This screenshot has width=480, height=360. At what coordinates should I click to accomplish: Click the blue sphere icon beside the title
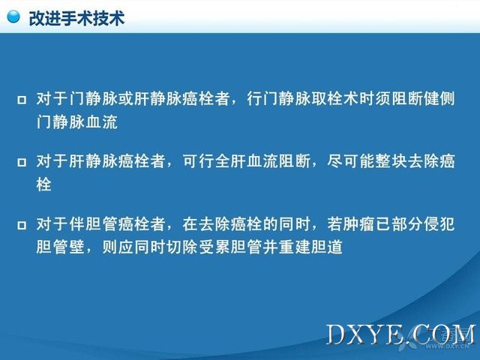13,16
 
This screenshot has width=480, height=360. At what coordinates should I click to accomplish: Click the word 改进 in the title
45,18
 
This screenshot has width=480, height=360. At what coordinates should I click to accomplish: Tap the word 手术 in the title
76,18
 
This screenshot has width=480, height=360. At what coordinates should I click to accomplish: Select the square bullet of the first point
22,100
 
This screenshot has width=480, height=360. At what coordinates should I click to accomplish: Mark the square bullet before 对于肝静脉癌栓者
22,162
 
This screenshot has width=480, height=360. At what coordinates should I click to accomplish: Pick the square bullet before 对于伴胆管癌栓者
22,225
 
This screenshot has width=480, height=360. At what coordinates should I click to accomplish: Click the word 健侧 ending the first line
439,98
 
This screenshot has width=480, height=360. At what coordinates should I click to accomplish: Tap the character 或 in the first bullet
125,98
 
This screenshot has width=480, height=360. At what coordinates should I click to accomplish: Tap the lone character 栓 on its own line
43,184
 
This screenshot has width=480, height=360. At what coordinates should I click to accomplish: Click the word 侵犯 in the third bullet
439,224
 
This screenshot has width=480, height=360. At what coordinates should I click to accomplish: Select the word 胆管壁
60,247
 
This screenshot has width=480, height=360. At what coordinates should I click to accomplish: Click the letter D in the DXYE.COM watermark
336,334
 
